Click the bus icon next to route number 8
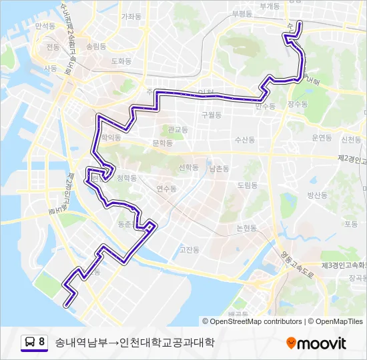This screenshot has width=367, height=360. pyautogui.click(x=30, y=343)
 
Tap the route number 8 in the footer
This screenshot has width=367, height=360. pyautogui.click(x=42, y=343)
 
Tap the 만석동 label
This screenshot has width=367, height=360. pyautogui.click(x=45, y=25)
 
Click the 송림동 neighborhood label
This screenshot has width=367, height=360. pyautogui.click(x=96, y=47)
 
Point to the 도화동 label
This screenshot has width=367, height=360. pyautogui.click(x=121, y=61)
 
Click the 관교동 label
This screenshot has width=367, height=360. pyautogui.click(x=178, y=129)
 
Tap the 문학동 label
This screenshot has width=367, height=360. pyautogui.click(x=162, y=143)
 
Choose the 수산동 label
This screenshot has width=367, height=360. pyautogui.click(x=245, y=140)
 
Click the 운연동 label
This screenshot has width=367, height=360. pyautogui.click(x=322, y=137)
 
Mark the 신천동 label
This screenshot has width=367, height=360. pyautogui.click(x=351, y=140)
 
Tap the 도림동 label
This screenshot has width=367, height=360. pyautogui.click(x=247, y=185)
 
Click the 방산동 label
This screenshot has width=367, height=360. pyautogui.click(x=317, y=195)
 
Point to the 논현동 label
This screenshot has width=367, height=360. pyautogui.click(x=246, y=228)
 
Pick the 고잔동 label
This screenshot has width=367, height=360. pyautogui.click(x=190, y=250)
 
